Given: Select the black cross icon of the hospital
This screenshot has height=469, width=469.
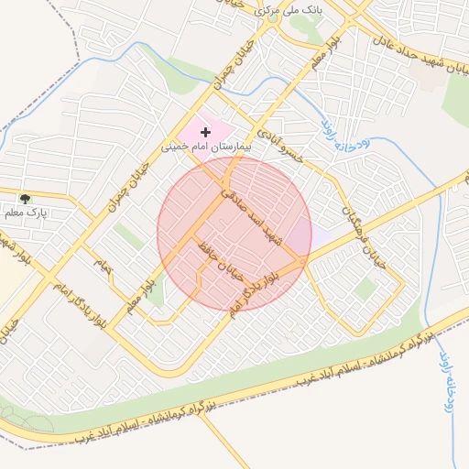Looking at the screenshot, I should coord(205,133).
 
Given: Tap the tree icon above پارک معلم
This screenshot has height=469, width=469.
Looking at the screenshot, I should coord(25,198).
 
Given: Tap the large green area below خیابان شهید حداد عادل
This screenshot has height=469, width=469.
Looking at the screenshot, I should coord(457,96).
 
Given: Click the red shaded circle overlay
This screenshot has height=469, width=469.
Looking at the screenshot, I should coord(234,234).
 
